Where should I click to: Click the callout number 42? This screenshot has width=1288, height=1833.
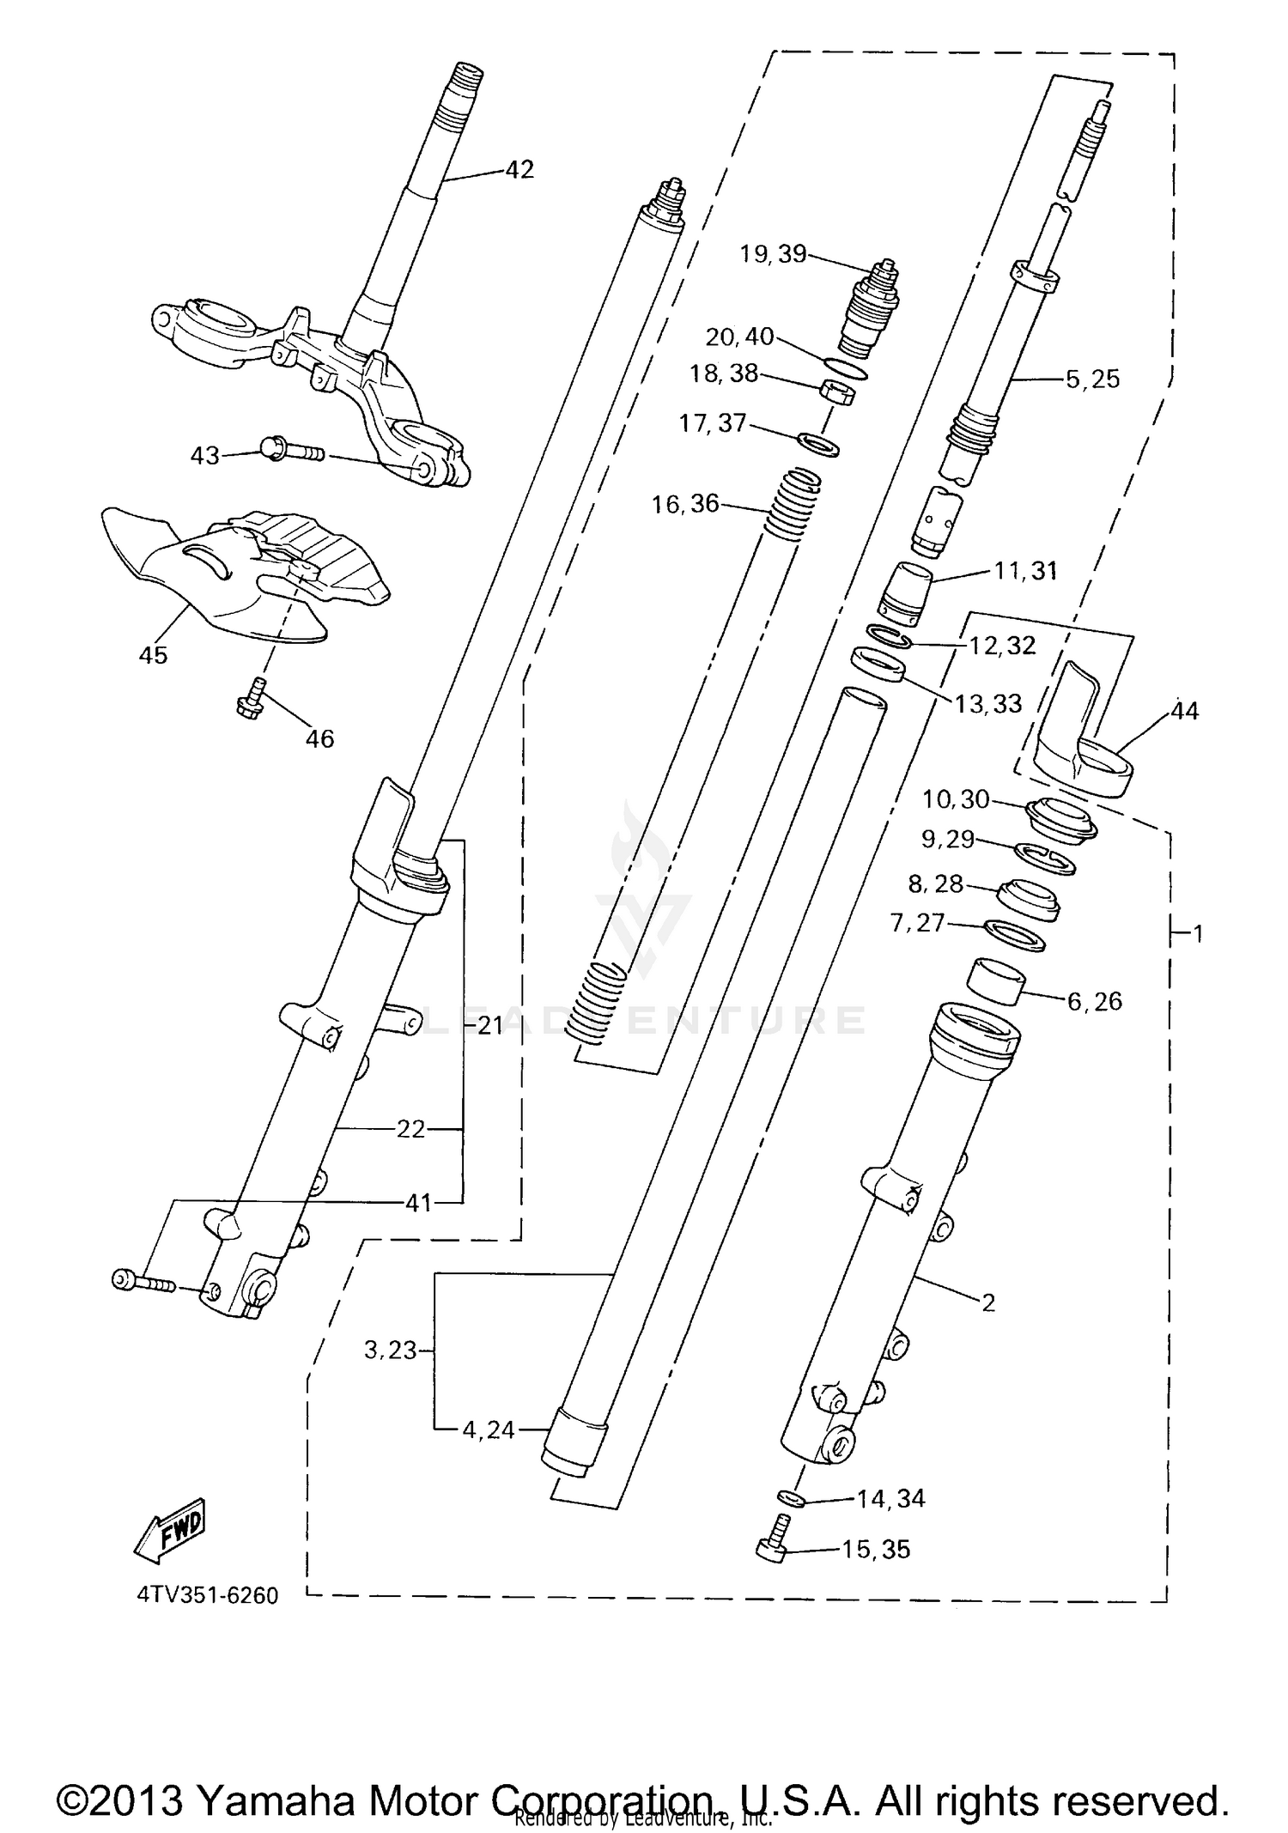[519, 169]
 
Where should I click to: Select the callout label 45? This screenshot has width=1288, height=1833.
[153, 655]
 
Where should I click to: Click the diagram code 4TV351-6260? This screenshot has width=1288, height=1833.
[207, 1595]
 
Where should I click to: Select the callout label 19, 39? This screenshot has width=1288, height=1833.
[773, 254]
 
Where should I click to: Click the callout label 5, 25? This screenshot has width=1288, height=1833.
[1092, 379]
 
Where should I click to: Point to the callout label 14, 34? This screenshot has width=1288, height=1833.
[890, 1498]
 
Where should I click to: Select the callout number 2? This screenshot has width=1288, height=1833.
[988, 1302]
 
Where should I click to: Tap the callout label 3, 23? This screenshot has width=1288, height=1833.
[390, 1350]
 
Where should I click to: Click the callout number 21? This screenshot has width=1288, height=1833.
[489, 1025]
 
